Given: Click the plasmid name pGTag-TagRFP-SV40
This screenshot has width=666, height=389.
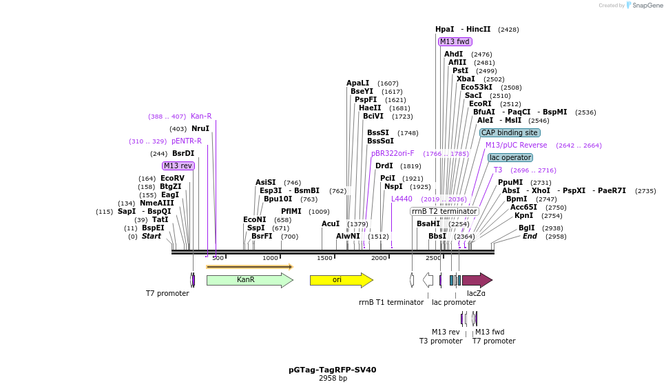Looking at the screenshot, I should [x=332, y=370].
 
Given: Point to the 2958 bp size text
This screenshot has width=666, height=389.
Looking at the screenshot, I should [x=333, y=379].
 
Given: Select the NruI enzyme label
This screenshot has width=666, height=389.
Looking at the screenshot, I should [x=200, y=128].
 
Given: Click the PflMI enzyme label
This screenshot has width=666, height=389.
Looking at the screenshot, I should [x=291, y=211].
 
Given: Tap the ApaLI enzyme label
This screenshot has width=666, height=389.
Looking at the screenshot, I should [x=358, y=83].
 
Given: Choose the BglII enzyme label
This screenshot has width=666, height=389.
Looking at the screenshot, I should [x=526, y=228].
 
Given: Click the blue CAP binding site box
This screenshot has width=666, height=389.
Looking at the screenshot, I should [x=510, y=132].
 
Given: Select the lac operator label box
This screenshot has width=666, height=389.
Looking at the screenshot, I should [x=510, y=157].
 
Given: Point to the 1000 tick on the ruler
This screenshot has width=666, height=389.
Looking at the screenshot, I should [x=270, y=258].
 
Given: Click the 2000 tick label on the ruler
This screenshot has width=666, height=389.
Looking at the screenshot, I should [x=379, y=258].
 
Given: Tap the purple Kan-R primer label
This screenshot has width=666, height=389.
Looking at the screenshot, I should [x=201, y=116].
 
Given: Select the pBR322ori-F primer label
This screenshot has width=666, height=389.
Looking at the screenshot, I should [x=393, y=153].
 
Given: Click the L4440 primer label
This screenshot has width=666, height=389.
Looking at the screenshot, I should [x=402, y=199].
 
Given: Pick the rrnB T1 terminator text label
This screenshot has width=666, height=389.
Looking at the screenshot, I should [x=391, y=302].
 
